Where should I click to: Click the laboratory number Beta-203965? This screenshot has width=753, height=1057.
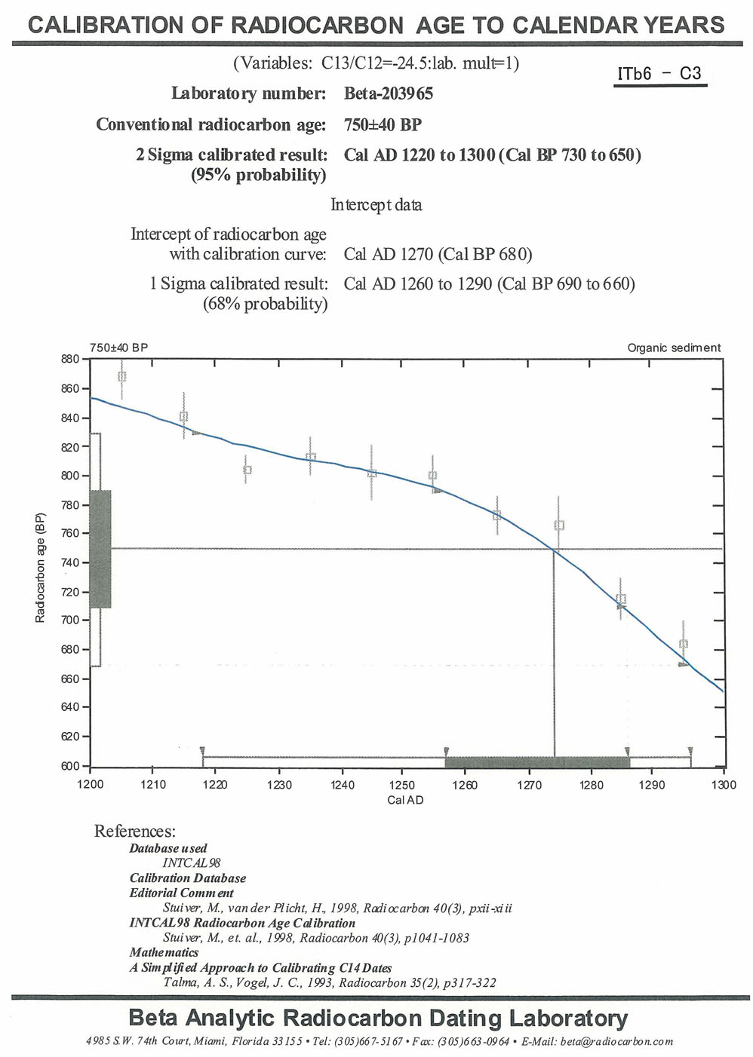388,93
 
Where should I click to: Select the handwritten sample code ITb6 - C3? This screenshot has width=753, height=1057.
659,74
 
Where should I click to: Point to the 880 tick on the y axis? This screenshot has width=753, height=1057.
70,359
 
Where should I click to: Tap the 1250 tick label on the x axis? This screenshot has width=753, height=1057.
403,785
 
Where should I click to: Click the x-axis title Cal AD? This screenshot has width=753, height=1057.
405,800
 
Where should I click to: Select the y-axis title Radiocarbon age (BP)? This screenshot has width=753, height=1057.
41,568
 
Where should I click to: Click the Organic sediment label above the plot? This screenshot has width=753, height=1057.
674,348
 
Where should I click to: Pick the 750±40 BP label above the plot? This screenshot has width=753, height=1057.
118,348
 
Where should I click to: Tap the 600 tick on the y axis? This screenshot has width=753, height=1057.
70,766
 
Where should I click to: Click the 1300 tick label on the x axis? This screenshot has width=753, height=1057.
724,785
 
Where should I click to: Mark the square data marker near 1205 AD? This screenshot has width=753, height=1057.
122,376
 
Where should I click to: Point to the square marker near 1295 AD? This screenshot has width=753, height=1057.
684,645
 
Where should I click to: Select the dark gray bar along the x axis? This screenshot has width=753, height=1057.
537,761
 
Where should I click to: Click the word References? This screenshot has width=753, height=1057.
134,831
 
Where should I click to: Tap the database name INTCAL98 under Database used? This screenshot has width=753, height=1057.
192,862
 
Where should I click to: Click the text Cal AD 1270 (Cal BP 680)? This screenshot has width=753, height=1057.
438,254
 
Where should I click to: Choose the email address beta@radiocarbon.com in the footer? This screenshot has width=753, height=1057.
616,1041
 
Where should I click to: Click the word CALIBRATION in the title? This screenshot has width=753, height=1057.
103,25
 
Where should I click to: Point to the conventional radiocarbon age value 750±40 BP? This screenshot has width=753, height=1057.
383,124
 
